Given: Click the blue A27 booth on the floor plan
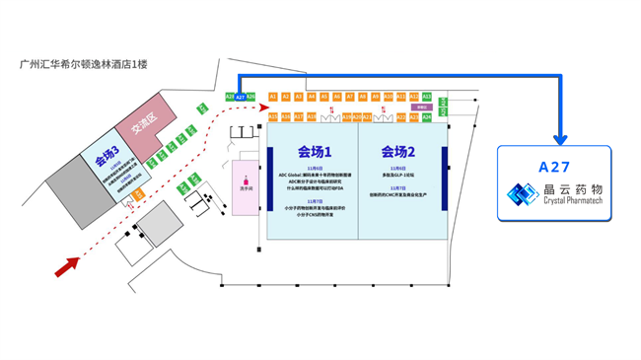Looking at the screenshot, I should (241, 97).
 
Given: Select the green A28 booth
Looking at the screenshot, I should (230, 97).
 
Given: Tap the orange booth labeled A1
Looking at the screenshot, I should (273, 97).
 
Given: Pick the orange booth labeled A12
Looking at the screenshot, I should (414, 97).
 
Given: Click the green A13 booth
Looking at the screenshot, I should (427, 97).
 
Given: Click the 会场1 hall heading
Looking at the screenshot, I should (314, 152).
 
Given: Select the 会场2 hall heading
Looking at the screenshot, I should (398, 152).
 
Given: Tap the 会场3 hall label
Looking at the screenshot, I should (107, 153).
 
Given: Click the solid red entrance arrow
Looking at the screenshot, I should (69, 263).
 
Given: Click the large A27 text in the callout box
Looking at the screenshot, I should (554, 169).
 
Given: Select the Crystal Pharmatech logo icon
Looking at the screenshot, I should (519, 195).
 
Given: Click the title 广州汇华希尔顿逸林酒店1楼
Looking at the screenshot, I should (83, 65).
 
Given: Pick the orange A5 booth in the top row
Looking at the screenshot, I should (324, 97).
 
